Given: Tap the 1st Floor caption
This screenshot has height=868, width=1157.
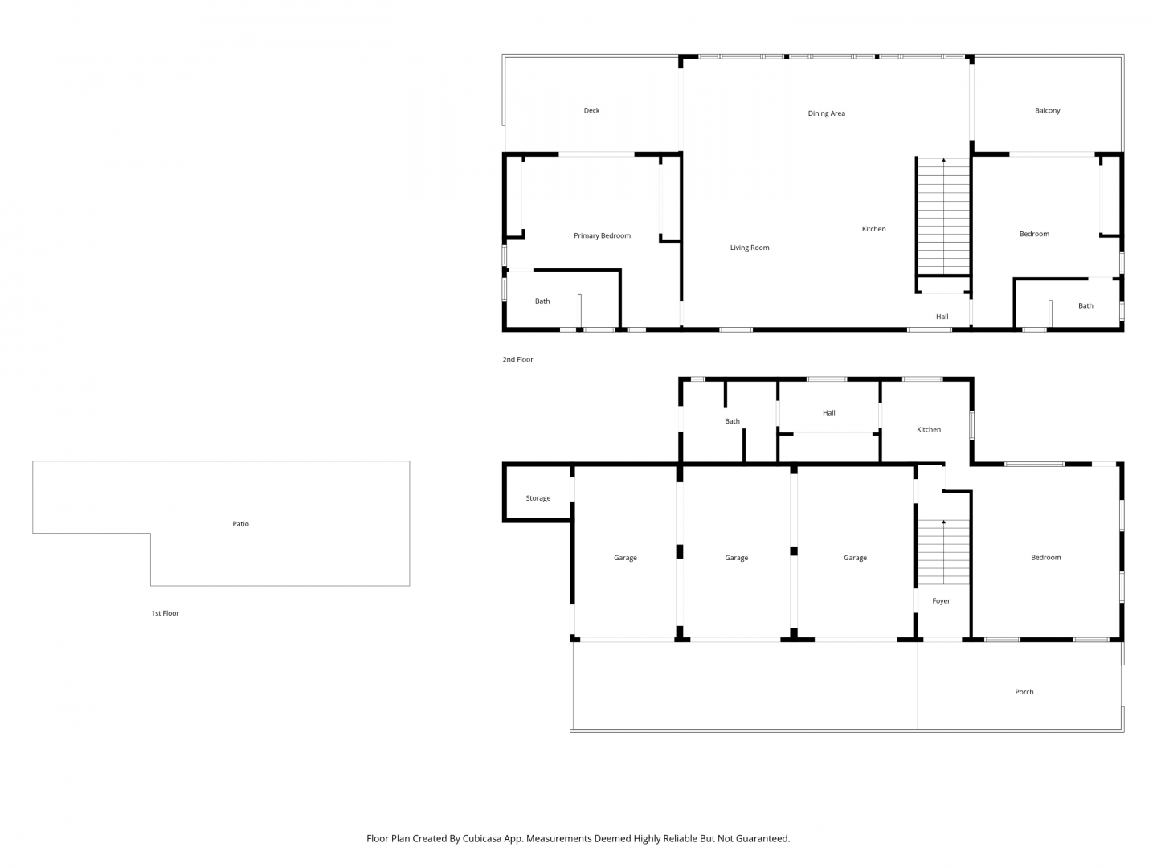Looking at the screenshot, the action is (x=165, y=613).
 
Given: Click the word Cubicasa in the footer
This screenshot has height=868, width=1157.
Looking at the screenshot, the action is (x=482, y=838).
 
